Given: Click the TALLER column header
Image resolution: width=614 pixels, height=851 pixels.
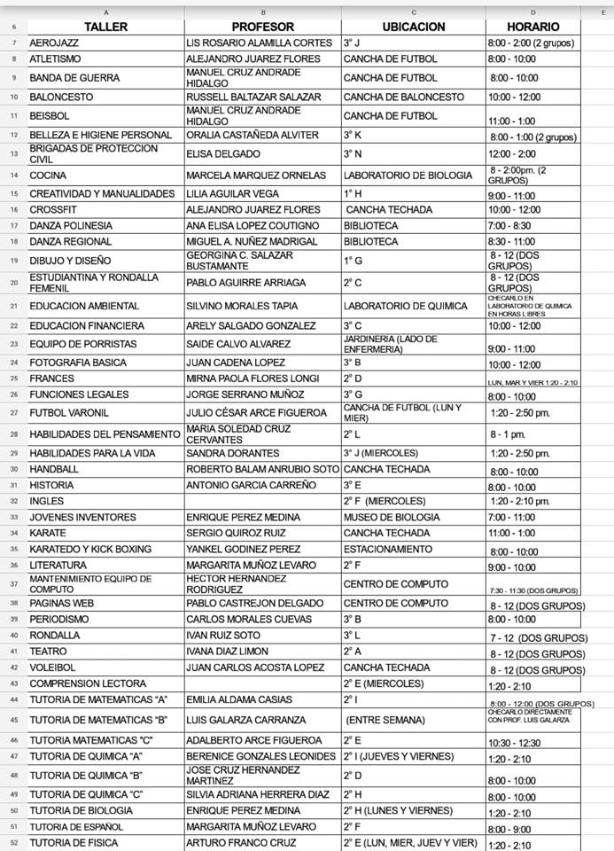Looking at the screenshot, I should [x=105, y=27].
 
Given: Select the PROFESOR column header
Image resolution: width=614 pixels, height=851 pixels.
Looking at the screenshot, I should [x=262, y=27].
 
